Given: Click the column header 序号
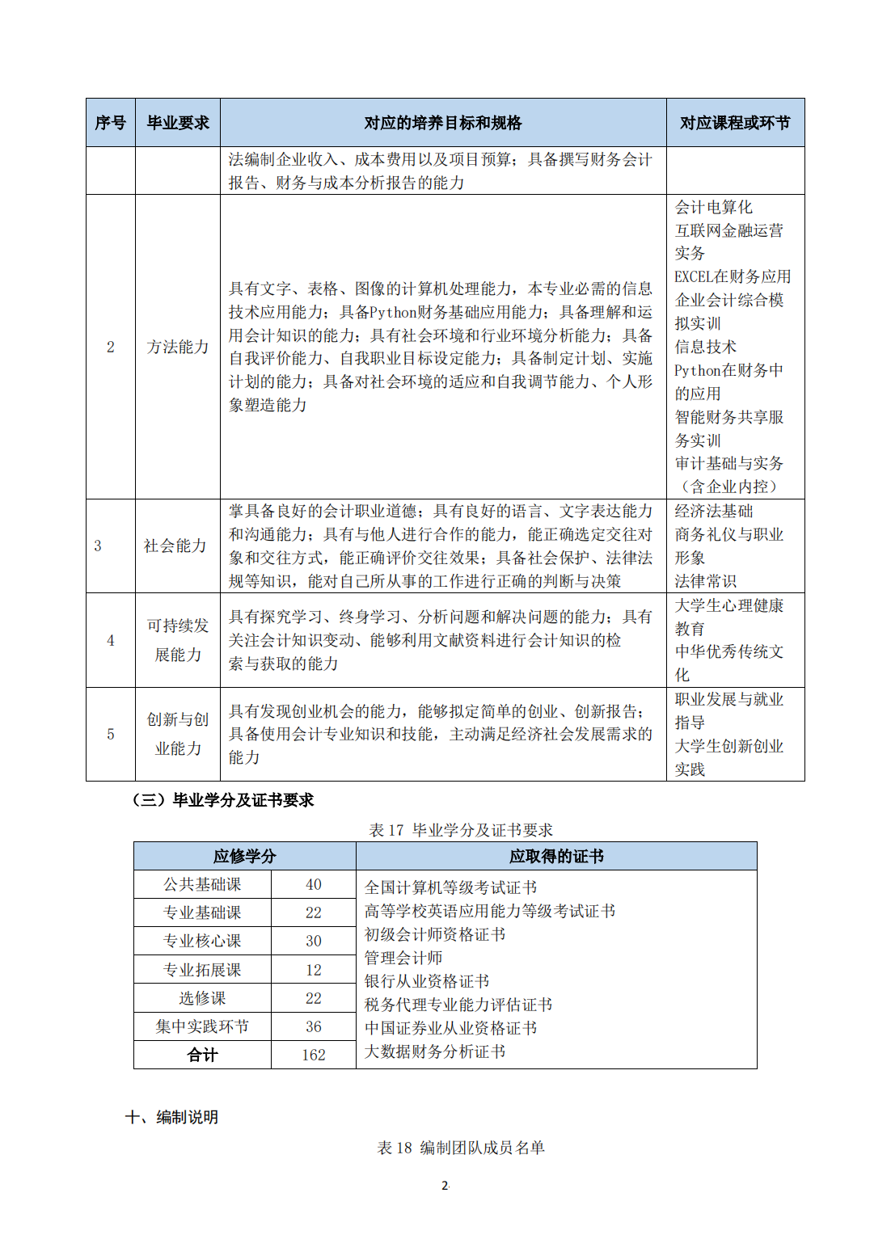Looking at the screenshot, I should (111, 123).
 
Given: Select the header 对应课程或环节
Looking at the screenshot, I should (734, 123).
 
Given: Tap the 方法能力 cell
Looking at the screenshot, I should (178, 347).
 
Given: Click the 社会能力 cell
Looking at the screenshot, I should (175, 546).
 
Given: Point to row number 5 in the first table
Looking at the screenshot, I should (111, 734).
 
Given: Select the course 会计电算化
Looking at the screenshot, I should (713, 207).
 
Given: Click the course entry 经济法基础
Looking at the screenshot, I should (713, 511).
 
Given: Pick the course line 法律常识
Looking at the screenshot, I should (705, 581).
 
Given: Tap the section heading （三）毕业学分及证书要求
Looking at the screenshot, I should (222, 800).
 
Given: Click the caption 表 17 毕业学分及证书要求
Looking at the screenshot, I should (461, 830).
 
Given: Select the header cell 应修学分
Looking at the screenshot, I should (244, 856).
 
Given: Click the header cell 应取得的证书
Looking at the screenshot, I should (556, 856).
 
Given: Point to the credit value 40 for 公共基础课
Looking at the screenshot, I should (314, 884).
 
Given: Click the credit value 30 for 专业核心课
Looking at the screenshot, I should (314, 941).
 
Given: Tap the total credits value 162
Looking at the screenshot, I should (314, 1055).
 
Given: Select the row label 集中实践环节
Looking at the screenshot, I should (202, 1026).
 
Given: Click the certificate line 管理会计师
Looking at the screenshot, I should (403, 958).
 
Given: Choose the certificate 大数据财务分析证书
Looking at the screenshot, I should (434, 1051).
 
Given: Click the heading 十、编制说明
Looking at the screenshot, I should (171, 1117).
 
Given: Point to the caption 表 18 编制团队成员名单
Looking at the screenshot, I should (461, 1148).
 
